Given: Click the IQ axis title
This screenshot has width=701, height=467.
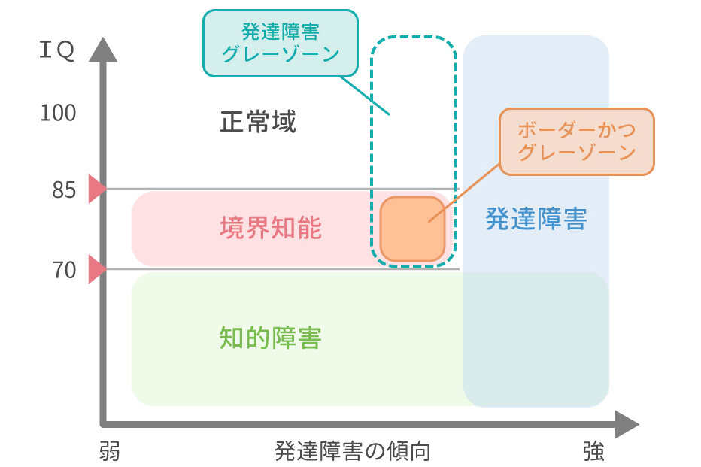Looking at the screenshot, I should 56,52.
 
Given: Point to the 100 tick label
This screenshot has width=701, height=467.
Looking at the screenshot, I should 58,113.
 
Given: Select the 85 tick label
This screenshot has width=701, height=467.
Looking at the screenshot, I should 64,190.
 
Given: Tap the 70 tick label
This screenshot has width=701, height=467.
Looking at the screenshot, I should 64,269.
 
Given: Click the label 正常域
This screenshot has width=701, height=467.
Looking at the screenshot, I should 258,122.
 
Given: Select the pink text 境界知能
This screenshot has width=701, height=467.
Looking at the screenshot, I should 271,227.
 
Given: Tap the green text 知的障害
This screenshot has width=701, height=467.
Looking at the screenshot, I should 271,338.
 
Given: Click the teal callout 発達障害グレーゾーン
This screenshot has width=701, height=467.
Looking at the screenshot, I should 281,43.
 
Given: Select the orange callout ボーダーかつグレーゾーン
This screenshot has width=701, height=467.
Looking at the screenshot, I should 577,141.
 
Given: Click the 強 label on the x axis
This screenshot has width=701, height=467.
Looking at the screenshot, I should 593,452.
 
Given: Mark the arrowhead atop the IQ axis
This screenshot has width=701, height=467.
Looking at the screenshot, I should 104,46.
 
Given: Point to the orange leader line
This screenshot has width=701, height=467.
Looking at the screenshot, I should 465,192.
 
